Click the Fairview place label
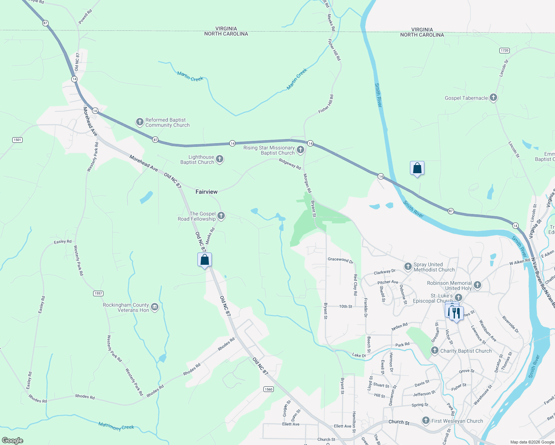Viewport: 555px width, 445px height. click(206, 192)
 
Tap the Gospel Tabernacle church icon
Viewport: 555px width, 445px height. click(493, 98)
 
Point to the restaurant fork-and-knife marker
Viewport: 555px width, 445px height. click(456, 313)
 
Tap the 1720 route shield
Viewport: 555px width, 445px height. click(504, 50)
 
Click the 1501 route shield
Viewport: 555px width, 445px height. click(17, 140)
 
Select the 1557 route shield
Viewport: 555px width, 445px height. click(98, 293)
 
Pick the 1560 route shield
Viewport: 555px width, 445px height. click(269, 389)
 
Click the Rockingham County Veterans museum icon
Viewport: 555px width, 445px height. click(155, 307)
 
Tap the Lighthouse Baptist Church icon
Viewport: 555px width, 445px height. click(220, 159)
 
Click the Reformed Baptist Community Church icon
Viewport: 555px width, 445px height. click(139, 122)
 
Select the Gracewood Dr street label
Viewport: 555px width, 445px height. click(340, 260)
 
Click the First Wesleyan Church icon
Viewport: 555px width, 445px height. click(426, 421)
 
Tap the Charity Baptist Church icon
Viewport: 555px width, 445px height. click(434, 350)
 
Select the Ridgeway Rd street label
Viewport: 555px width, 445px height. click(290, 164)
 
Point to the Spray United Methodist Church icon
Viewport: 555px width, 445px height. click(408, 266)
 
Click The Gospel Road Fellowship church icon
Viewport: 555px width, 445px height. click(221, 216)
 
